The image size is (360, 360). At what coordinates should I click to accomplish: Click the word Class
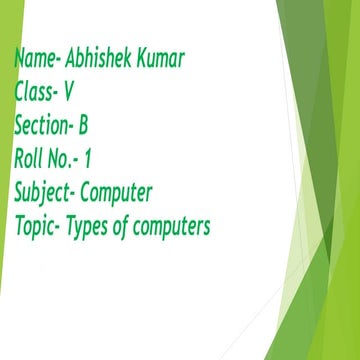34,93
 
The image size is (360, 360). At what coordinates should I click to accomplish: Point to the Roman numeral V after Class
69,93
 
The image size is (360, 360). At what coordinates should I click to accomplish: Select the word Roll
30,158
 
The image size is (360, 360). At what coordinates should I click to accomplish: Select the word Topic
36,226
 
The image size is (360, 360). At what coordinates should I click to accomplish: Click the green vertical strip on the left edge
5,200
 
